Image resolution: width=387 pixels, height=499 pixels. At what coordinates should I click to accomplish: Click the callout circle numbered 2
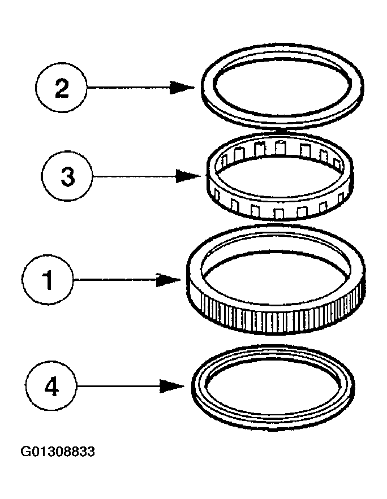tap(61, 88)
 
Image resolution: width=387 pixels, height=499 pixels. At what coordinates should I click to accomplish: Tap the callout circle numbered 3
tap(67, 176)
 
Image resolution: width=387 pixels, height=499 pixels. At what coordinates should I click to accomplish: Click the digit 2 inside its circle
tap(61, 88)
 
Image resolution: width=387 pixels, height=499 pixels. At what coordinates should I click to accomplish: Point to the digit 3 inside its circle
tap(67, 176)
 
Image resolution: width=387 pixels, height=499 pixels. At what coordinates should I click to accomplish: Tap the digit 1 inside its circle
tap(49, 279)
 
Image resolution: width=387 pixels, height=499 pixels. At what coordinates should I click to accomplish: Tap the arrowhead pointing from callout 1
tap(170, 279)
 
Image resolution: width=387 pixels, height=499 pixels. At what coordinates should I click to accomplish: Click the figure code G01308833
tap(58, 452)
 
